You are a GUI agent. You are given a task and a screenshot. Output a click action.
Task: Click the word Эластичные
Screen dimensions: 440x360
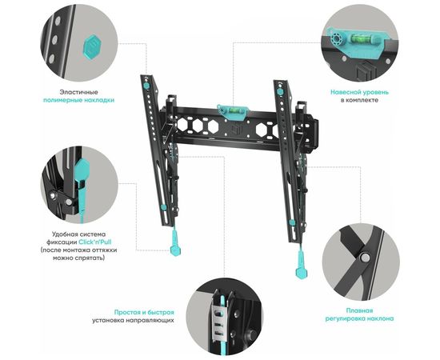point(79,92)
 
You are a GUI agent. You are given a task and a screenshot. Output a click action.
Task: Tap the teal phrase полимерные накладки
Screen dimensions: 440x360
point(79,100)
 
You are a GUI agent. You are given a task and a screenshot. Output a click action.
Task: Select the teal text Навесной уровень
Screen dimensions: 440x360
point(359,92)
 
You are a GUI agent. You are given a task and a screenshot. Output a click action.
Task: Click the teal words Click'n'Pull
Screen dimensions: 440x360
point(95,242)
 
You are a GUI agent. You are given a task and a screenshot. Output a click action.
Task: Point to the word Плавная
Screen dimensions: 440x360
point(359,310)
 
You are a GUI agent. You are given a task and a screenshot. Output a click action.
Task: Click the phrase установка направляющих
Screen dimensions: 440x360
point(133,320)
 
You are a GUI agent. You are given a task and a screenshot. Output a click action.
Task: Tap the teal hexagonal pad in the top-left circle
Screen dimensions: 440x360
point(92,47)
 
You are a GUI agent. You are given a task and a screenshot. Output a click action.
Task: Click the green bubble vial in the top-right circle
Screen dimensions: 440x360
point(358,38)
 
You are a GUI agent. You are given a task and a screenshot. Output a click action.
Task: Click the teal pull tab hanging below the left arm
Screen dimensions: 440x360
point(175,242)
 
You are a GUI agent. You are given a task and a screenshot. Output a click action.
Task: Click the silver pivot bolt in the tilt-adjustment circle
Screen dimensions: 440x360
point(365,258)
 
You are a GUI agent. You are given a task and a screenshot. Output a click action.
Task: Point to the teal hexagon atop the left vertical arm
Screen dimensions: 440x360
point(146,85)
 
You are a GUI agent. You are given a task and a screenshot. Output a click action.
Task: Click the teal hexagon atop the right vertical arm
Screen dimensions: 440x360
point(279,92)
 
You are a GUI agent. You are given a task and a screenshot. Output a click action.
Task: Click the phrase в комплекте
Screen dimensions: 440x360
point(359,100)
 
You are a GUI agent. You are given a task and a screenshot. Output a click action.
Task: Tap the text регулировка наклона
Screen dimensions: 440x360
point(359,318)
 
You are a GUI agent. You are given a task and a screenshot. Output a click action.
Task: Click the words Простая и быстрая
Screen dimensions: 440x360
point(144,312)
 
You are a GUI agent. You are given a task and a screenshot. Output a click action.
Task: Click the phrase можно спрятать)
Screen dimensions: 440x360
point(79,258)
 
